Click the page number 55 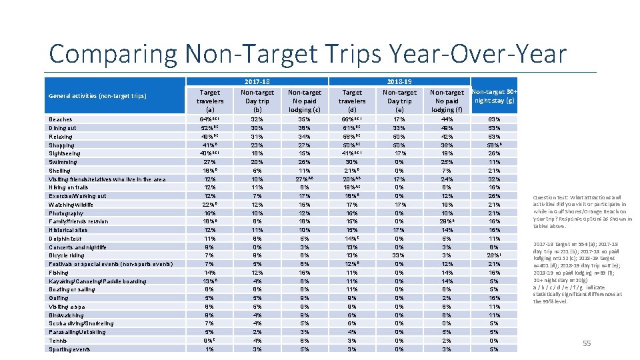(587, 343)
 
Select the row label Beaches (60, 119)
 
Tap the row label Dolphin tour (65, 239)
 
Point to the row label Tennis (58, 341)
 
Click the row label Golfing (59, 298)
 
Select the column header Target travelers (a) (210, 101)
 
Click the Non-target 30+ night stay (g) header (493, 96)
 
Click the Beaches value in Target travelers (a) (210, 119)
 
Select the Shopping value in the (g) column (493, 145)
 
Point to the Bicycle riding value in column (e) (400, 255)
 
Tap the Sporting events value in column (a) (210, 349)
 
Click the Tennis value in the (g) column (493, 341)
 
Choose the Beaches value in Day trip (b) (257, 119)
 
